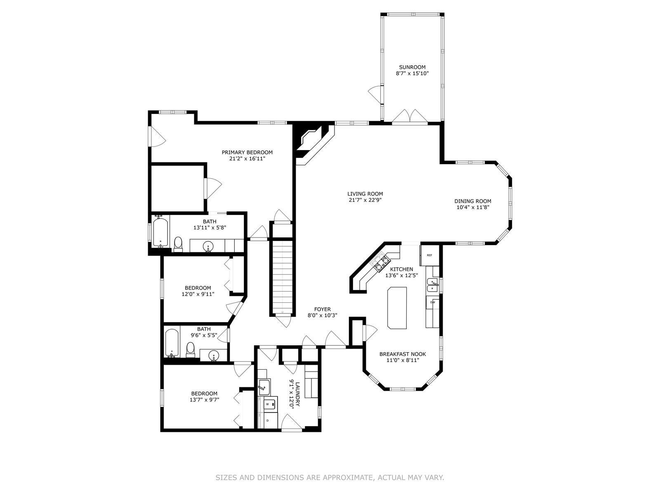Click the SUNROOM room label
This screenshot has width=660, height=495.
[x=412, y=67]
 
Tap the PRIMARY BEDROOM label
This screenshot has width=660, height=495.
[x=247, y=152]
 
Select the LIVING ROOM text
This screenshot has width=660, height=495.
[x=365, y=194]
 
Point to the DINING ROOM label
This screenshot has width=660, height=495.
[x=473, y=201]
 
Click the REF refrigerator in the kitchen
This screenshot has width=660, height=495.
[x=429, y=255]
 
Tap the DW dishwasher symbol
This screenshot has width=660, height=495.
[x=433, y=302]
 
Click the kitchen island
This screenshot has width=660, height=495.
[x=397, y=308]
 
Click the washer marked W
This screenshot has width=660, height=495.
[x=270, y=405]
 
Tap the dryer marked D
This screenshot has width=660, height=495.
[x=271, y=420]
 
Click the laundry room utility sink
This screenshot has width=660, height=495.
[x=264, y=387]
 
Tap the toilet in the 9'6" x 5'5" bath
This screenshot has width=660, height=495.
[x=190, y=350]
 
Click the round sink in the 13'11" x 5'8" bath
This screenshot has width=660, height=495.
[x=208, y=247]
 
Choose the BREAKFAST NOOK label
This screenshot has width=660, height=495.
[x=403, y=354]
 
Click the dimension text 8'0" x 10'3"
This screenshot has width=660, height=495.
[x=322, y=315]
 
